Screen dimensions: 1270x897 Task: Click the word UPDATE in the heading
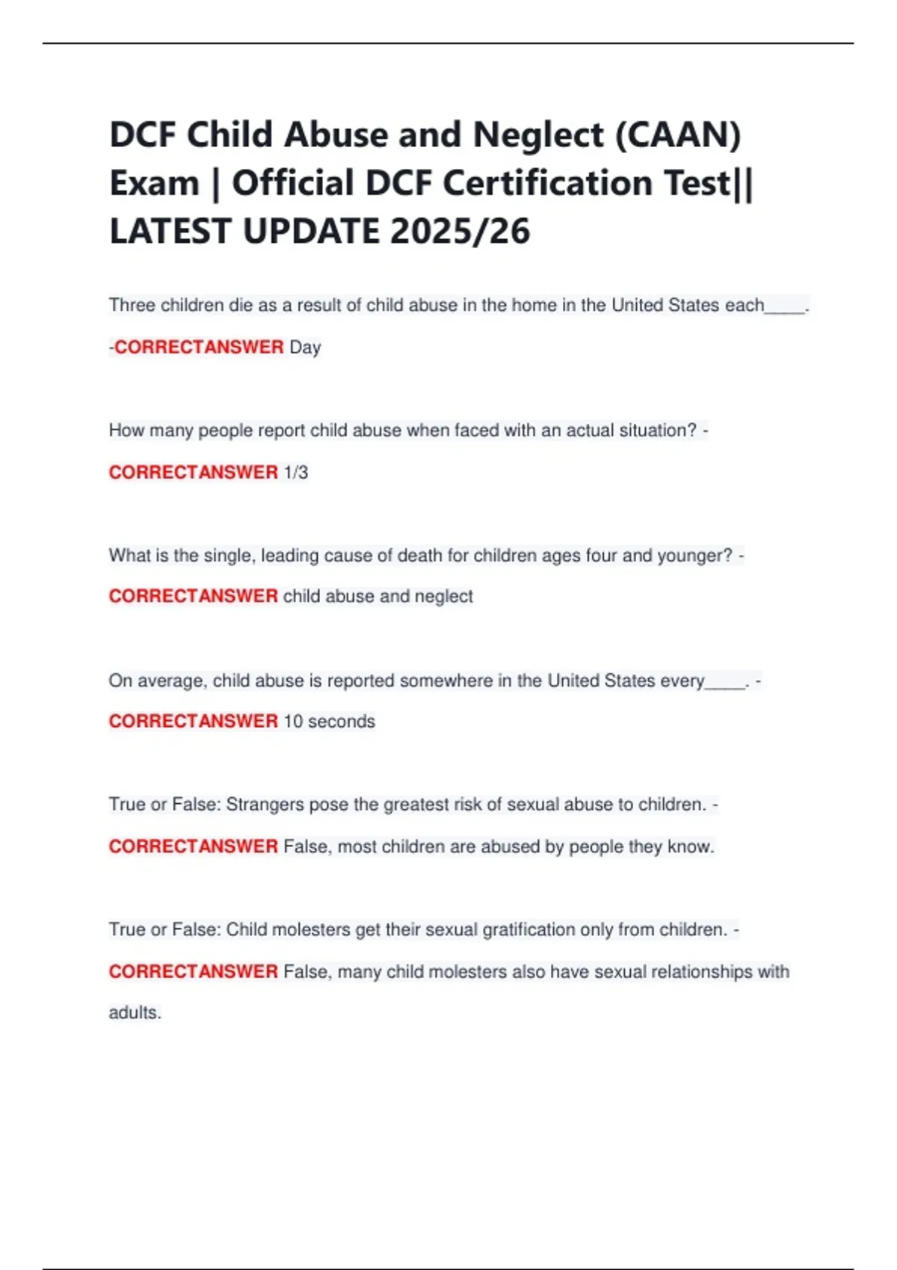click(311, 231)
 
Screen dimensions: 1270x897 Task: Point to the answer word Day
click(305, 347)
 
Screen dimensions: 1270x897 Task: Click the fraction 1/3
click(296, 472)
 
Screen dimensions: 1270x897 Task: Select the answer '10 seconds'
click(329, 722)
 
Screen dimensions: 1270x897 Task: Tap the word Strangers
click(265, 805)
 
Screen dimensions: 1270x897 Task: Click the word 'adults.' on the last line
click(135, 1013)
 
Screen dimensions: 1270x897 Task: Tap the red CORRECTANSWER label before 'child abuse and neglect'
click(193, 596)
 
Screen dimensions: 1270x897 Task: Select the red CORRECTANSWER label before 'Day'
click(199, 347)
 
